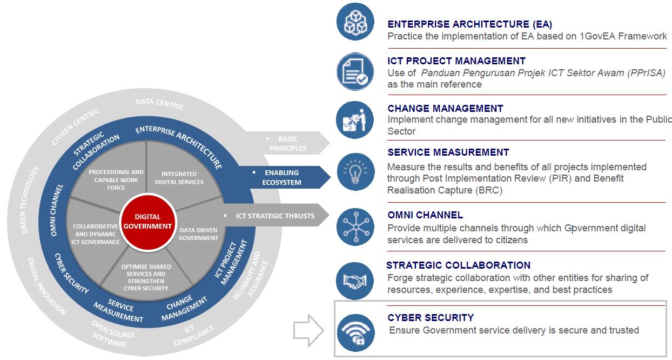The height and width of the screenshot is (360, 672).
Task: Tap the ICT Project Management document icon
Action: pyautogui.click(x=355, y=71)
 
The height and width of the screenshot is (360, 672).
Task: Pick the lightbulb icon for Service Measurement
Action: pyautogui.click(x=355, y=171)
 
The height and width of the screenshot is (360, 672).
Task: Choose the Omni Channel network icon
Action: pyautogui.click(x=355, y=226)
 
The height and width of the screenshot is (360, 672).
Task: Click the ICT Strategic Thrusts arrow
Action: pyautogui.click(x=275, y=216)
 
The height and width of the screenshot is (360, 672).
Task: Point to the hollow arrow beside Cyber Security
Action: pyautogui.click(x=307, y=330)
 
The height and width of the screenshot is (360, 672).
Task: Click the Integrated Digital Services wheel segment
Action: pyautogui.click(x=179, y=178)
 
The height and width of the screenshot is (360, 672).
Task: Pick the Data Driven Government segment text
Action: pyautogui.click(x=198, y=234)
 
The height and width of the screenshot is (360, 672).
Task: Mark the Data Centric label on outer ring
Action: pyautogui.click(x=159, y=103)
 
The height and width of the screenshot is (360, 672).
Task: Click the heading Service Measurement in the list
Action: pyautogui.click(x=448, y=152)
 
